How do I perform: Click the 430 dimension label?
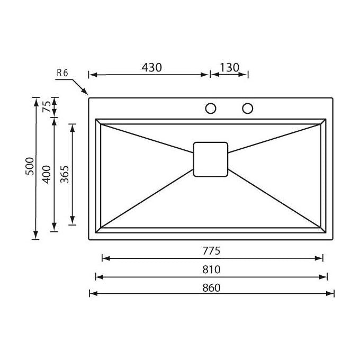151,68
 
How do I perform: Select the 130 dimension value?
229,68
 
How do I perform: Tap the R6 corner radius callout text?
62,73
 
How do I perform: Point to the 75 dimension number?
47,106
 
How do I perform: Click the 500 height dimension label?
30,166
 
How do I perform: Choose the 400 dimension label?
47,174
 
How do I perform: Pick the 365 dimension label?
65,174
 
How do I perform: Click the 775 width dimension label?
211,251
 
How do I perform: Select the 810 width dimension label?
211,269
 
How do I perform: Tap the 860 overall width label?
211,287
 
